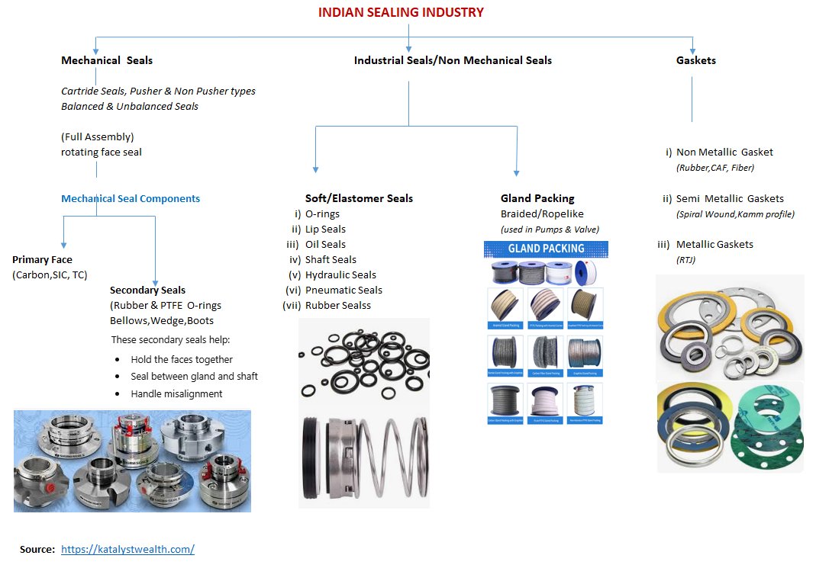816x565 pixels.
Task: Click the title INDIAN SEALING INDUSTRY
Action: (401, 12)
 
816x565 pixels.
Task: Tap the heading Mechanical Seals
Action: (107, 60)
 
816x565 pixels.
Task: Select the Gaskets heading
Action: (696, 60)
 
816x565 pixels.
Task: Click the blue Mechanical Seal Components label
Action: (131, 199)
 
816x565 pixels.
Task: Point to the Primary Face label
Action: (42, 260)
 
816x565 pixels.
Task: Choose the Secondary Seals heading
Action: (147, 291)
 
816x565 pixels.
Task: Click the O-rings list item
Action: (322, 214)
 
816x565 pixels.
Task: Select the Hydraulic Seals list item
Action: (340, 275)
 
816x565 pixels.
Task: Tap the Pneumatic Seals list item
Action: (343, 291)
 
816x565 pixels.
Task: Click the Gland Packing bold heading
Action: (537, 199)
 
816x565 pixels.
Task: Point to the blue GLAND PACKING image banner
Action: (546, 249)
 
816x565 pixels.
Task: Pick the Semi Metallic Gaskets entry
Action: (730, 199)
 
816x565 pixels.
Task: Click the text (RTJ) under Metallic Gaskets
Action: (685, 260)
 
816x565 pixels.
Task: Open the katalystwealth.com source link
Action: (127, 549)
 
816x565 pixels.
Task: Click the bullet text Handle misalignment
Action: (176, 394)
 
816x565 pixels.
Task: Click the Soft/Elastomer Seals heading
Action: (359, 199)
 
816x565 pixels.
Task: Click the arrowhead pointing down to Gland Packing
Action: (517, 172)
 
